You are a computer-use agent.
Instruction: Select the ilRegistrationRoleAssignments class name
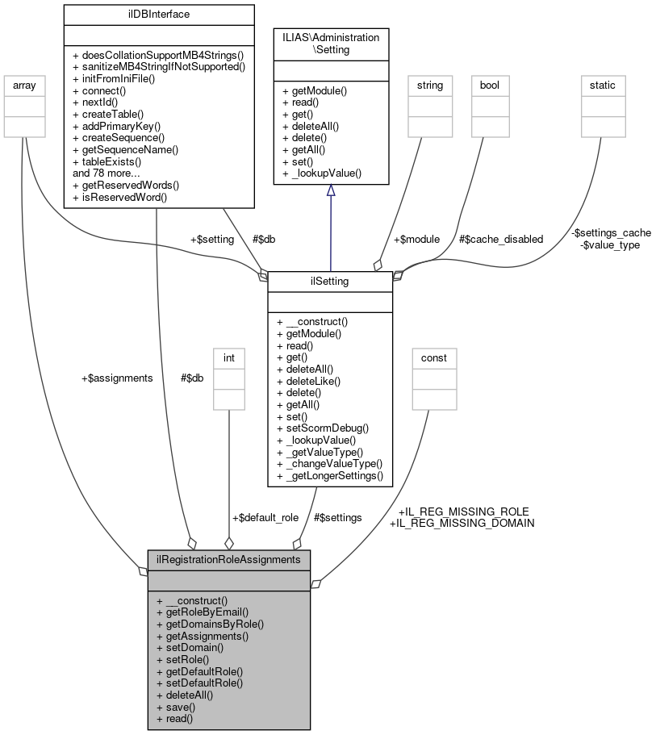[229, 559]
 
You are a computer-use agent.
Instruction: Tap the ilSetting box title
[330, 282]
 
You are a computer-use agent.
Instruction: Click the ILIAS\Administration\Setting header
[331, 44]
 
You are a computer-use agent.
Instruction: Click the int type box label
[229, 357]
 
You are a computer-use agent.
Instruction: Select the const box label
[434, 357]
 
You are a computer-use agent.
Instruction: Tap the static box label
[604, 84]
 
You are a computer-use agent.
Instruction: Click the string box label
[430, 84]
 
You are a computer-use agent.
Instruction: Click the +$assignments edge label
[117, 378]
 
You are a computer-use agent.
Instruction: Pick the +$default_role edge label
[265, 517]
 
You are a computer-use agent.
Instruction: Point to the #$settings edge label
[337, 517]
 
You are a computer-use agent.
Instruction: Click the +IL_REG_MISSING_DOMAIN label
[462, 523]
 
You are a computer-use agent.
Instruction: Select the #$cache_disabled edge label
[500, 239]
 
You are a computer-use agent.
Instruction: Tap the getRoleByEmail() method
[203, 612]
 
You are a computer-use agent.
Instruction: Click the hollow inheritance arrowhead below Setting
[331, 191]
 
